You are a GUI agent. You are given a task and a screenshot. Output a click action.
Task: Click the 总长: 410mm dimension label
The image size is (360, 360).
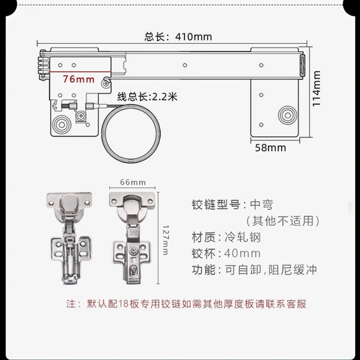pos(178,37)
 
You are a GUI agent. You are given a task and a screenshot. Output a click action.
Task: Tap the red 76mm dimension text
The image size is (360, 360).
pos(79,79)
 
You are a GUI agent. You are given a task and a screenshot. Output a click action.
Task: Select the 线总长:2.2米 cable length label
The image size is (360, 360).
pos(147,96)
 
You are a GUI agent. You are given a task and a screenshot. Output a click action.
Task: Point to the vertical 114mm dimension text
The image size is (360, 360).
pos(317,88)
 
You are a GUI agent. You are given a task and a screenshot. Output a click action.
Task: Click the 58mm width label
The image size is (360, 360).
pos(270,148)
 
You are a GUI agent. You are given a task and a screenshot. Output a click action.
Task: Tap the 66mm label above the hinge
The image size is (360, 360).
pos(133,182)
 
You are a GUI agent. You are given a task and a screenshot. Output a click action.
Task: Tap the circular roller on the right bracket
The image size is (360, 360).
pos(286,115)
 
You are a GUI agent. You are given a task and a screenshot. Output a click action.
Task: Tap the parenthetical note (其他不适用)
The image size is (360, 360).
pos(283,221)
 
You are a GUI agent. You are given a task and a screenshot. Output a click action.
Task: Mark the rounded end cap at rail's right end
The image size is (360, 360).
pos(303,66)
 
